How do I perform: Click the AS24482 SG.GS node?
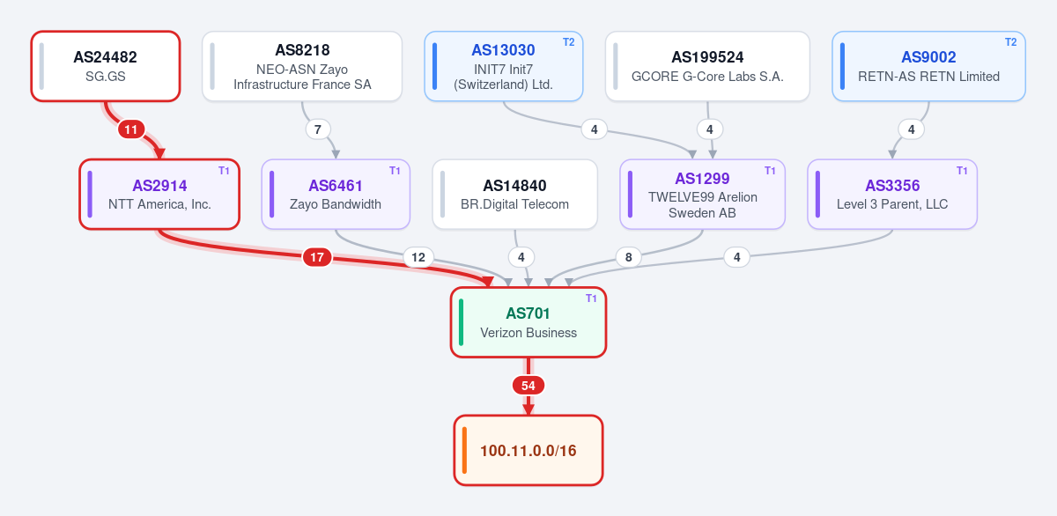pos(106,66)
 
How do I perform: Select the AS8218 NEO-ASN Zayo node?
pos(302,66)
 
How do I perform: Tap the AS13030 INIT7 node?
pos(504,66)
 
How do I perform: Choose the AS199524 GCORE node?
pos(707,66)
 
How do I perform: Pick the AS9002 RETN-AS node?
pos(928,66)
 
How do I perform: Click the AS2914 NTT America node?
pos(159,195)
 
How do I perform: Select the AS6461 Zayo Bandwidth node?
pos(336,195)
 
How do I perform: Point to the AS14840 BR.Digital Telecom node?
pos(514,195)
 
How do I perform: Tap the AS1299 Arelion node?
pos(702,195)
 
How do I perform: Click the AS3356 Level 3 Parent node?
pos(892,195)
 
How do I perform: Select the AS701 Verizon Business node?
pos(528,322)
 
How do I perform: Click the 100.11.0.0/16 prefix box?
pos(528,450)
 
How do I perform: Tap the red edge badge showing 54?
pos(528,386)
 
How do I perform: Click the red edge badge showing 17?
pos(317,257)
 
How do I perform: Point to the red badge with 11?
pos(131,129)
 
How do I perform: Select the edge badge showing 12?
pos(418,257)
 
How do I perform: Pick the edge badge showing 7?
pos(318,129)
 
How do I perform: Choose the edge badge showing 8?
pos(629,257)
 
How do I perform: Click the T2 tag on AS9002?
pos(1011,42)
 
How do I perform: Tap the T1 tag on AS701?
pos(591,299)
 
